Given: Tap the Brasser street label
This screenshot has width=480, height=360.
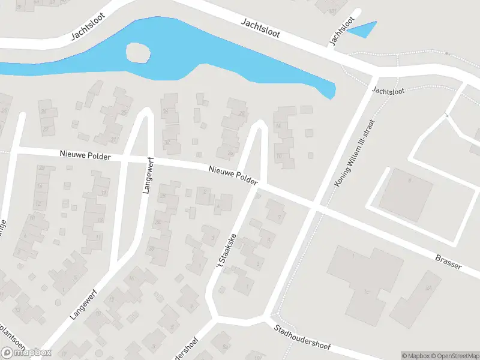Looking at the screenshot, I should click(449, 262).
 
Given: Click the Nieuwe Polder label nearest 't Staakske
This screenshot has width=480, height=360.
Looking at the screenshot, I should click(233, 175).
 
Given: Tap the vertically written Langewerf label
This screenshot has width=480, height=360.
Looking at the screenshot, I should click(146, 178).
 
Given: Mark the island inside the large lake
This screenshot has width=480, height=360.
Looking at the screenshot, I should click(137, 53).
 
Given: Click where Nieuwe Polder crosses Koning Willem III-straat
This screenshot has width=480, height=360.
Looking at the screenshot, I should click(315, 208).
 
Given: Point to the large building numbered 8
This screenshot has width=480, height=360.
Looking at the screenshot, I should click(406, 191).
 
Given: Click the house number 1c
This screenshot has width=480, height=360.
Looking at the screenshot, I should click(365, 292).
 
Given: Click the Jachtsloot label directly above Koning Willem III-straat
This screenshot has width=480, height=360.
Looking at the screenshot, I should click(388, 91).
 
